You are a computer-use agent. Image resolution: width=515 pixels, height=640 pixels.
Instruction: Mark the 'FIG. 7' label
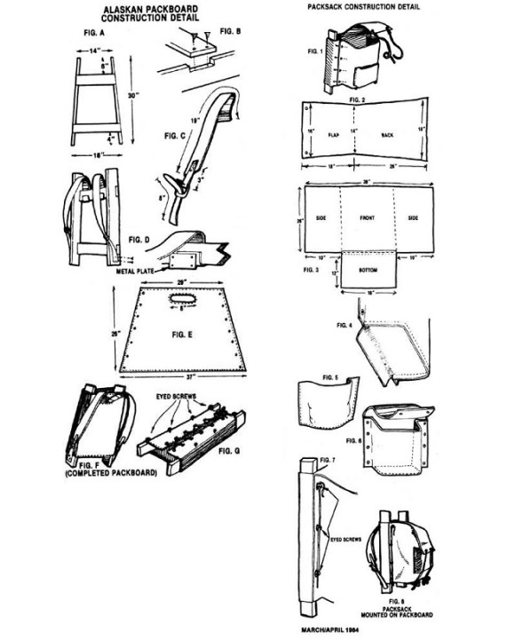point(325,462)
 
